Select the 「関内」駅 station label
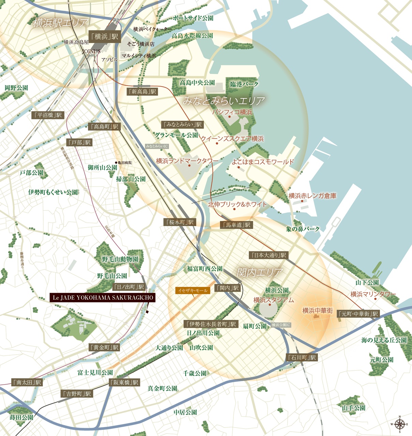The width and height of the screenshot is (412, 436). (228, 288)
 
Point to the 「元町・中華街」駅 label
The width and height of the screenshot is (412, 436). (358, 314)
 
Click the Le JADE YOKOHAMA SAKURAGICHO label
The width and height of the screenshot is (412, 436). (103, 298)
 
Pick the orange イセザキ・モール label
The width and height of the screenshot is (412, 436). (193, 291)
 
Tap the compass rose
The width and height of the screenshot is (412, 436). (399, 424)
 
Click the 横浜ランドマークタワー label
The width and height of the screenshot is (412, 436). (187, 161)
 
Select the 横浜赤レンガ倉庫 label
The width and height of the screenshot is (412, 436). (312, 196)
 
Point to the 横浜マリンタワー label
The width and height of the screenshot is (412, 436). (373, 294)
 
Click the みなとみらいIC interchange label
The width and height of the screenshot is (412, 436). (157, 146)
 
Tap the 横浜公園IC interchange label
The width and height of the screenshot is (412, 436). (281, 325)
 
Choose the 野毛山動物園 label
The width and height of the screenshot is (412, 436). (120, 259)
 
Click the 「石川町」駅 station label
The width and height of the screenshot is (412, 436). (302, 358)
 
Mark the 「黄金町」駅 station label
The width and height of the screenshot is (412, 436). (104, 347)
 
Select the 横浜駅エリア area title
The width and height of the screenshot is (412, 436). (61, 23)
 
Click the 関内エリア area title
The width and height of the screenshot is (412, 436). (260, 272)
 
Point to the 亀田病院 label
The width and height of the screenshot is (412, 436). (124, 162)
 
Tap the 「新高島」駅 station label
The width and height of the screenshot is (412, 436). (142, 91)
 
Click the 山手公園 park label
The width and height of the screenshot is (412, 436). (353, 408)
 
